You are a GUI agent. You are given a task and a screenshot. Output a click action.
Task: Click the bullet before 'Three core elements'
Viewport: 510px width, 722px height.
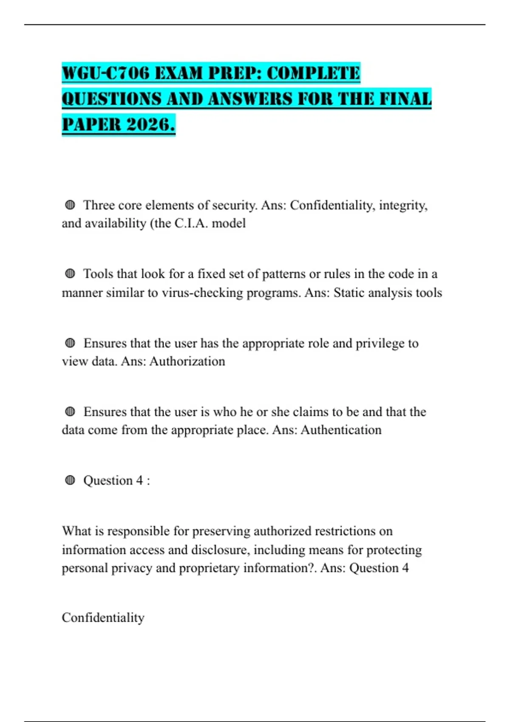coord(70,205)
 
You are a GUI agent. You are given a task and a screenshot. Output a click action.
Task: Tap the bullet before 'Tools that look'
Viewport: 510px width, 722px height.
coord(70,274)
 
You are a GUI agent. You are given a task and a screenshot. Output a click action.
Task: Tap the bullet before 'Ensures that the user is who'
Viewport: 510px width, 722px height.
coord(70,412)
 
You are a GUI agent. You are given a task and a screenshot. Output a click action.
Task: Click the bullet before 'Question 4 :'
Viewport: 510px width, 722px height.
coord(70,480)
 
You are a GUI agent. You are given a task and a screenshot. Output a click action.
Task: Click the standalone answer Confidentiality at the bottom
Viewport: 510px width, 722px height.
coord(103,618)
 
